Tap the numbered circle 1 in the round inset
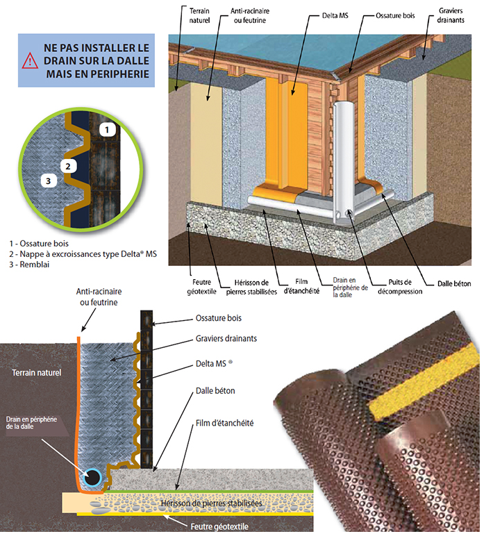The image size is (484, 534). click(106, 128)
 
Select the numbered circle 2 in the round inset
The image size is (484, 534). click(67, 166)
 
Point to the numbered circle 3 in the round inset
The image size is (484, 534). click(47, 181)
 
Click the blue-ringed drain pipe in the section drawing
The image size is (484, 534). click(92, 478)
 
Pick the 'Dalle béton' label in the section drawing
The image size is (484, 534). click(215, 391)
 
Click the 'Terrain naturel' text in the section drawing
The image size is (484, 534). click(37, 373)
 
